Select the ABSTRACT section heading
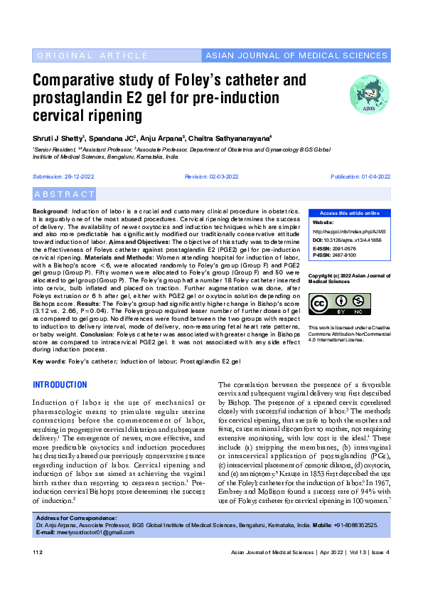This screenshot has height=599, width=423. pyautogui.click(x=64, y=194)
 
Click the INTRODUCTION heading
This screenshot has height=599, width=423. pyautogui.click(x=60, y=385)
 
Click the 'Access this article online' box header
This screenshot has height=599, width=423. pyautogui.click(x=349, y=213)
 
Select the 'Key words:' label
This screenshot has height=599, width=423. pyautogui.click(x=49, y=361)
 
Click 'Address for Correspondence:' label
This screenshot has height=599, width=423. pyautogui.click(x=72, y=518)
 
